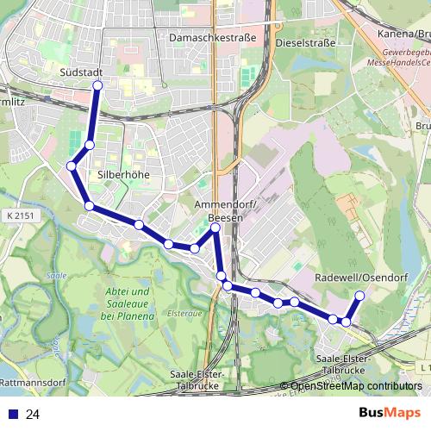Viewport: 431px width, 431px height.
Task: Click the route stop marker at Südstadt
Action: (x=97, y=85)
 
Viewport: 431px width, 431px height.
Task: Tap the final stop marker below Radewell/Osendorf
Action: (x=359, y=297)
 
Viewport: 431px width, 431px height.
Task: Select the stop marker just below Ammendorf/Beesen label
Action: (x=215, y=228)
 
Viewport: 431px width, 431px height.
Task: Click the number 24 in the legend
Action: (x=33, y=415)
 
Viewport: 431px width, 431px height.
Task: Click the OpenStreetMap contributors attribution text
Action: (x=356, y=386)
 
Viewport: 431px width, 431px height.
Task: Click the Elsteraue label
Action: (x=184, y=314)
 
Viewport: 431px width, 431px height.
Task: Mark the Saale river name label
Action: (x=57, y=276)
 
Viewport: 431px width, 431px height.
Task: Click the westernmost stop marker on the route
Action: (x=72, y=166)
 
